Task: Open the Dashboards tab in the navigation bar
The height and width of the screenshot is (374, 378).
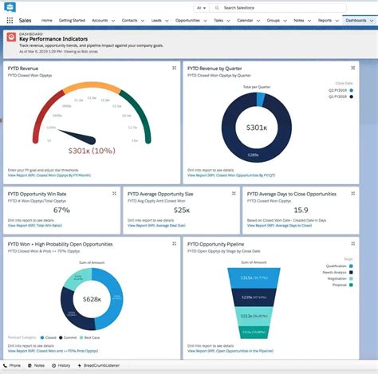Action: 356,20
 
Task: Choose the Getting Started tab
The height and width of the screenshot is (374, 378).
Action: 73,20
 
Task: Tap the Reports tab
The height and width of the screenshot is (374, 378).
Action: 325,20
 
